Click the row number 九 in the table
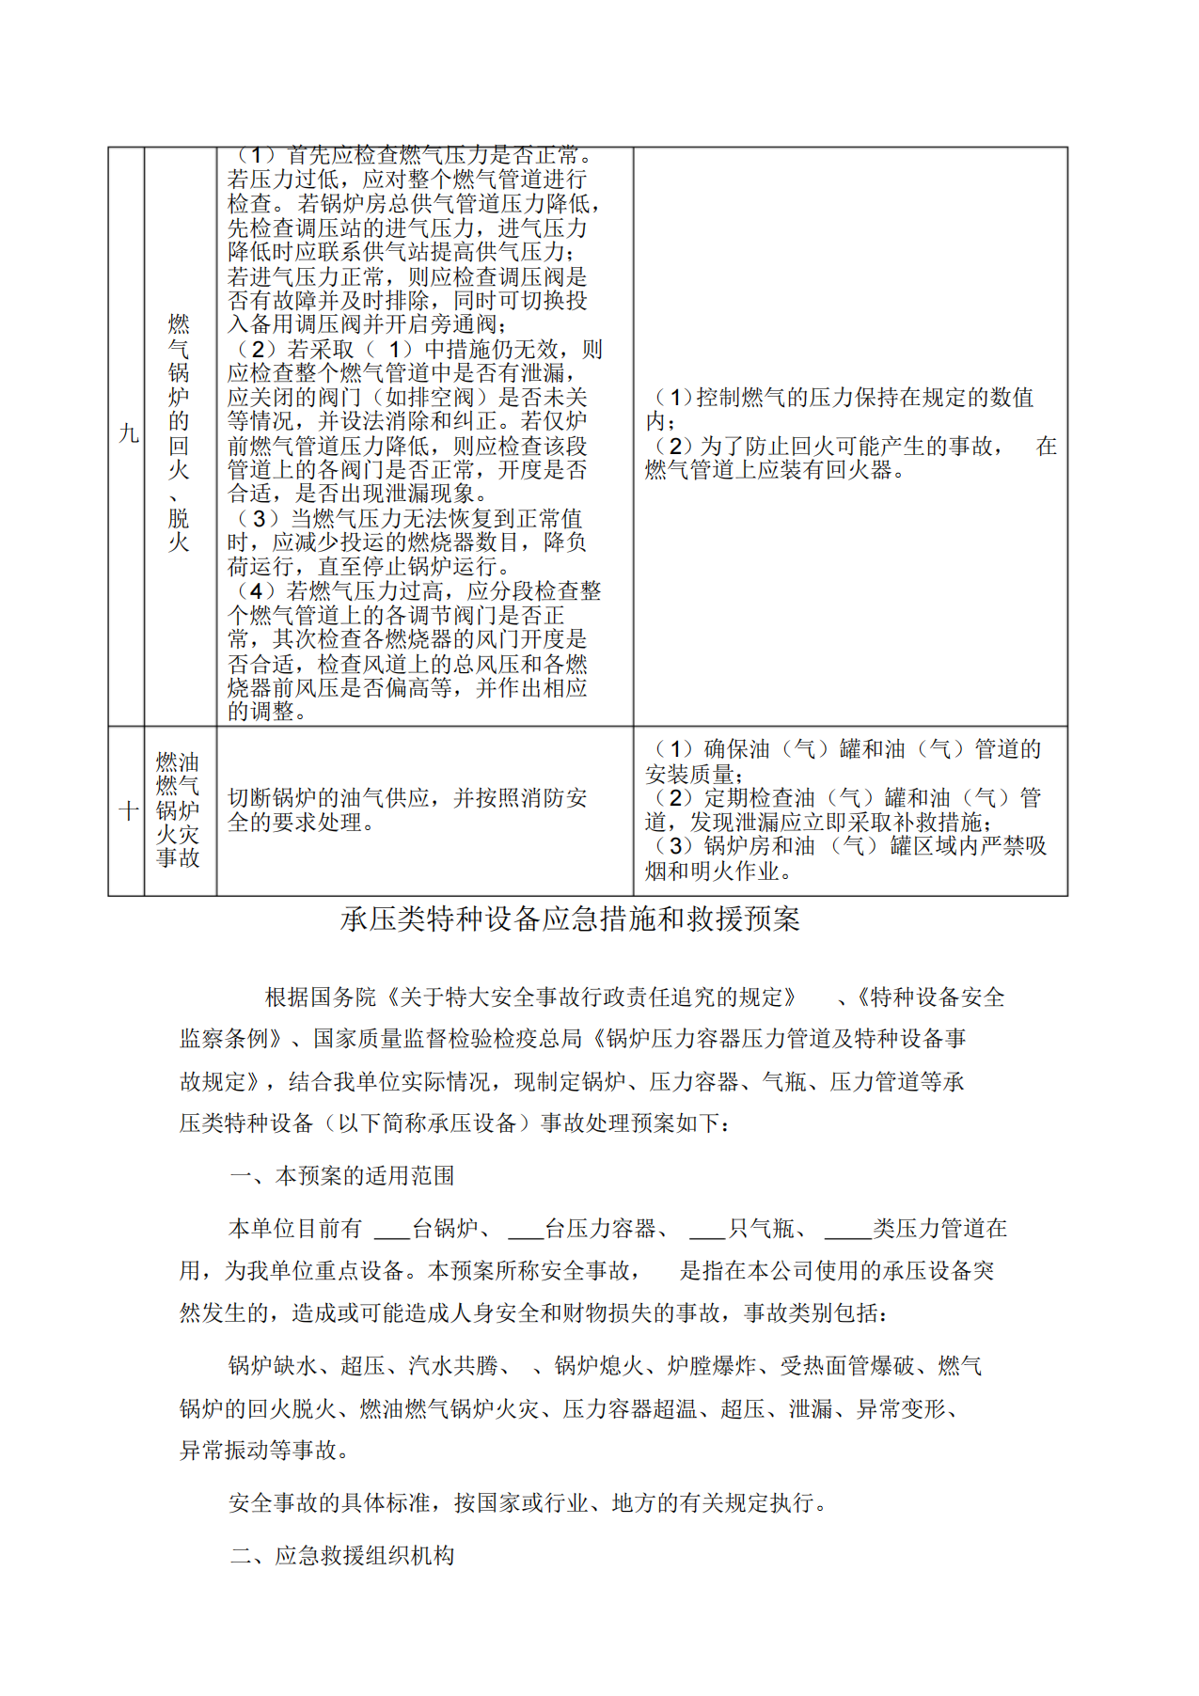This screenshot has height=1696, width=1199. [128, 433]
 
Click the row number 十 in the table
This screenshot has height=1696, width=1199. [128, 810]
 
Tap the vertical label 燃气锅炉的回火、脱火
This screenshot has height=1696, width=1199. [179, 433]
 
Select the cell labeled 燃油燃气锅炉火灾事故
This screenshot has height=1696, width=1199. [179, 809]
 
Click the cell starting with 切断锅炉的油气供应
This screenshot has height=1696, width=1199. [406, 809]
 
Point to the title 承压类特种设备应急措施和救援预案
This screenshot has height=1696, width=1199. [570, 919]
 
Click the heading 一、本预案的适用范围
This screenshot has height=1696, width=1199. [342, 1175]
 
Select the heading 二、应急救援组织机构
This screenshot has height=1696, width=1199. [342, 1555]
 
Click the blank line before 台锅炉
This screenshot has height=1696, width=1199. [392, 1231]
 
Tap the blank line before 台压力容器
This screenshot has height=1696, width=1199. [526, 1231]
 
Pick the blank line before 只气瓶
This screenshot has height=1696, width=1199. [707, 1231]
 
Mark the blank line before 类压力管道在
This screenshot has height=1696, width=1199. [847, 1231]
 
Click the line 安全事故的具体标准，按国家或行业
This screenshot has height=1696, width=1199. [529, 1502]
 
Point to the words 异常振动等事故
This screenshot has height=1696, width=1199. [264, 1450]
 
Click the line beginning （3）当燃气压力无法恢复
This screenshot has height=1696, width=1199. [406, 518]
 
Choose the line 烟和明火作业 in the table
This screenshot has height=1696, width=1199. [718, 872]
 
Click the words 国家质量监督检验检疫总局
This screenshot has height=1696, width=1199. [448, 1038]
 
